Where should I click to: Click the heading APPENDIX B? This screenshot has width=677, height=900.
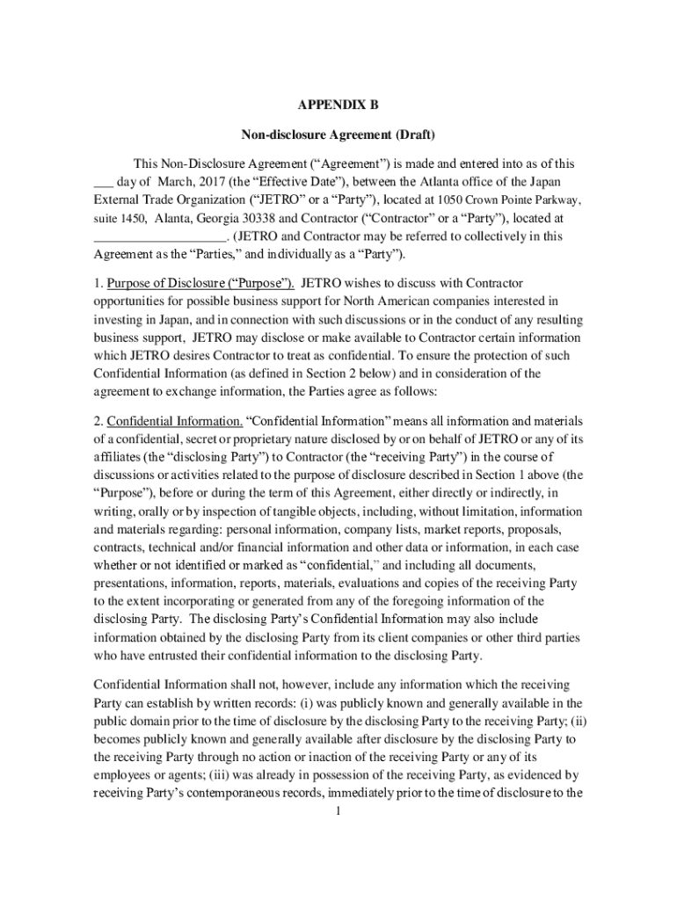[338, 105]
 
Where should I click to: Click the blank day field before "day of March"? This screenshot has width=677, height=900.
[104, 182]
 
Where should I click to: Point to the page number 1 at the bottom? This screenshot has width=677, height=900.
[338, 809]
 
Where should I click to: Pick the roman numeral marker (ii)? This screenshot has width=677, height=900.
[567, 721]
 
